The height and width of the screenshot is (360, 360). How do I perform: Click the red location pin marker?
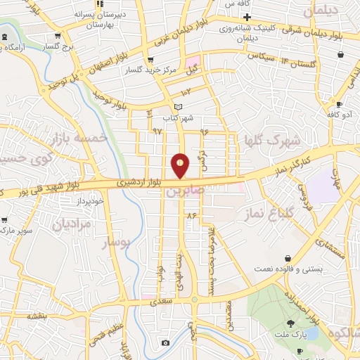[x=180, y=166]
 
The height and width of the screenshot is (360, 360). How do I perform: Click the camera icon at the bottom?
[x=165, y=342]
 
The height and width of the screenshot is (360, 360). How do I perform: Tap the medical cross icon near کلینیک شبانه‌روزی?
[x=247, y=16]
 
